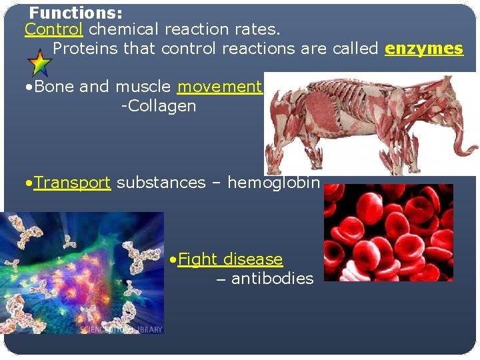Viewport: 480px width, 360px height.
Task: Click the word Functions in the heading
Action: tap(75, 13)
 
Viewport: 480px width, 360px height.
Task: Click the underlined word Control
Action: tap(53, 29)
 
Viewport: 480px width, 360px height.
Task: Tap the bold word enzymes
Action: tap(424, 49)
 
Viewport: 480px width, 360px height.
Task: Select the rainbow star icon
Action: tap(40, 63)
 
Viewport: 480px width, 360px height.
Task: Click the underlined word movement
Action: tap(219, 87)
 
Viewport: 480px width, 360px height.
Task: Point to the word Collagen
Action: tap(160, 106)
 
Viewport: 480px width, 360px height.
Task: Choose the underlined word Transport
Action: tap(72, 183)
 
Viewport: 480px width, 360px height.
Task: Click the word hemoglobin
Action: tap(273, 183)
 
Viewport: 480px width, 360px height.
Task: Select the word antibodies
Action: tap(272, 279)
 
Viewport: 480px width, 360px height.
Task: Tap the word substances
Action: tap(161, 183)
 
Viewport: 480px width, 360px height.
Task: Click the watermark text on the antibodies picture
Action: tap(121, 329)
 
